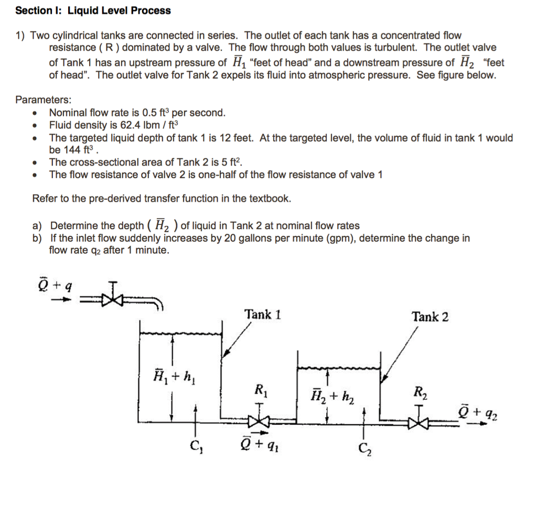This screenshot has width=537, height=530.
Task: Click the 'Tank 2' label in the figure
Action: [430, 317]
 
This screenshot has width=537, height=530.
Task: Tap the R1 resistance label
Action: [260, 390]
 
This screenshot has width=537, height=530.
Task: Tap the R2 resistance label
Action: [420, 391]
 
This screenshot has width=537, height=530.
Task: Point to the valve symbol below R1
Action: [260, 420]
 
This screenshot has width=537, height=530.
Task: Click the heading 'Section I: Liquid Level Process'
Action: [93, 10]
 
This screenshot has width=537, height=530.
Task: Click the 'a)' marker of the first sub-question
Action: [37, 226]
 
